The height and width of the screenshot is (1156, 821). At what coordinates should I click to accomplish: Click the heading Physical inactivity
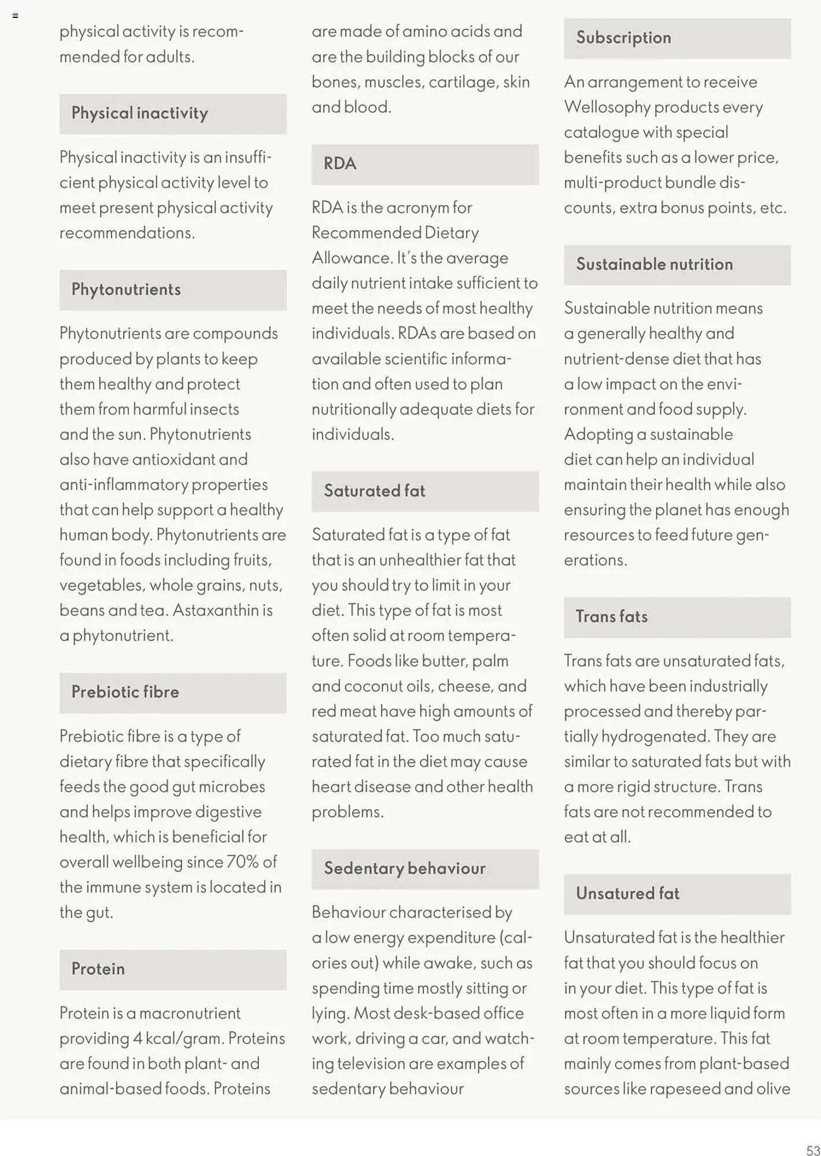139,114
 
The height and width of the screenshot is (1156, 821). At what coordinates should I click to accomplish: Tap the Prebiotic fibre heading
125,692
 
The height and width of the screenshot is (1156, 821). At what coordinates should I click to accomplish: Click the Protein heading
98,969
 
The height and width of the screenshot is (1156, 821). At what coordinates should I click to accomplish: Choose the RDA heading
340,164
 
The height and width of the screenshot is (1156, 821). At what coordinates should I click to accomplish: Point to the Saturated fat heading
374,491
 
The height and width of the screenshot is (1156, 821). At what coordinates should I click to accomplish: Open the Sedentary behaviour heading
404,869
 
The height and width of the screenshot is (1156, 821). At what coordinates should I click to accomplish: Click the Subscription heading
623,38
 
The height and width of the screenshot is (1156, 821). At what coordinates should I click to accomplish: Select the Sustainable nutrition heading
654,265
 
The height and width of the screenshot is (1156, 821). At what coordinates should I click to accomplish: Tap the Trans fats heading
611,617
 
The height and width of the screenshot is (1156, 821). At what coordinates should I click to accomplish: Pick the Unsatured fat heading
627,894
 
